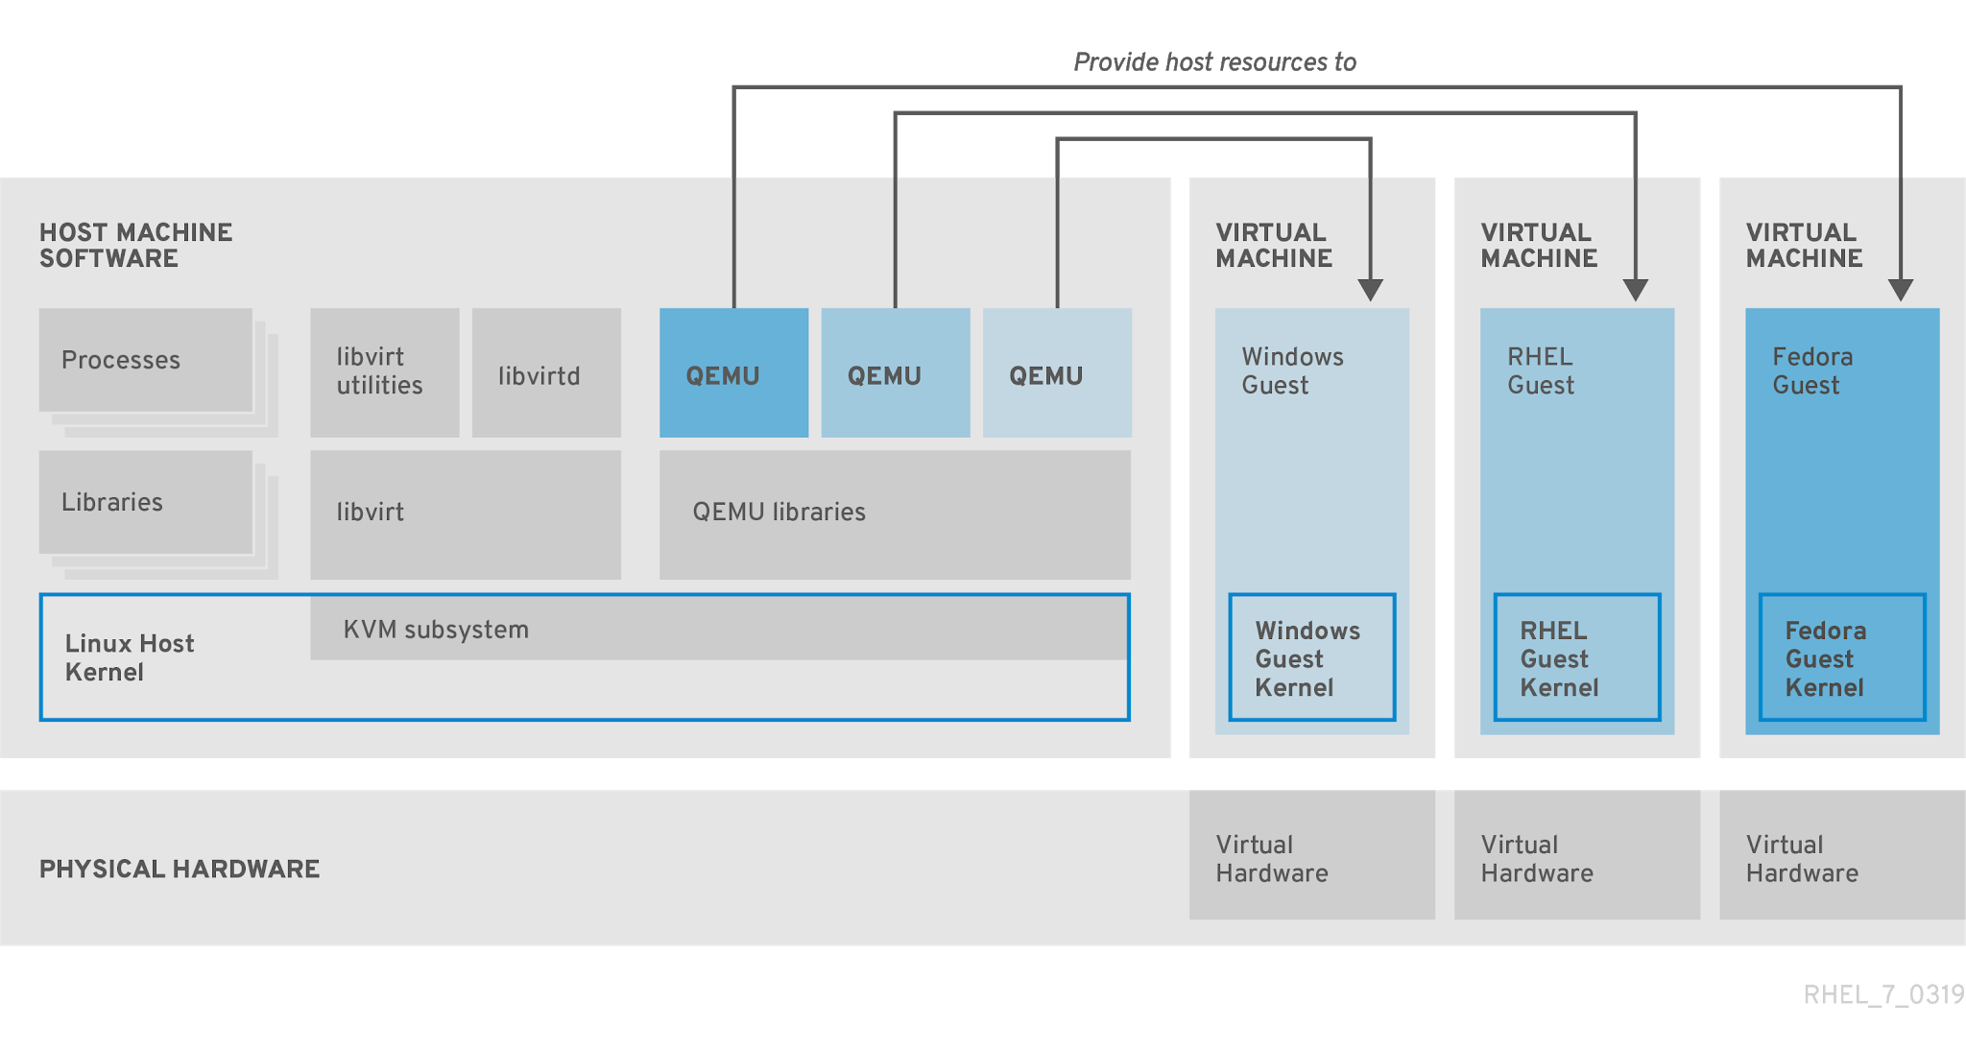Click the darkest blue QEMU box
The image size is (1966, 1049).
coord(733,373)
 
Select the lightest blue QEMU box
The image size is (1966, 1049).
coord(1057,373)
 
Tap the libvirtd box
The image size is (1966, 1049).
coord(546,373)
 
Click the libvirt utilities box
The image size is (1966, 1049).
coord(384,372)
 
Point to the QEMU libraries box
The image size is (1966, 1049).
coord(895,514)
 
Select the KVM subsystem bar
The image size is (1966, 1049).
coord(718,629)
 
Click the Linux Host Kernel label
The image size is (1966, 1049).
coord(130,657)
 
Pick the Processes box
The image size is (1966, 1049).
coord(146,360)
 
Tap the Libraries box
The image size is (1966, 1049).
coord(146,502)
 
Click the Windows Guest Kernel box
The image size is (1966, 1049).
coord(1311,657)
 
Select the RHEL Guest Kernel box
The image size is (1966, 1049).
coord(1576,657)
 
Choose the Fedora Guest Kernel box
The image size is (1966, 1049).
coord(1841,657)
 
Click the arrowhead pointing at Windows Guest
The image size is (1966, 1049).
coord(1370,289)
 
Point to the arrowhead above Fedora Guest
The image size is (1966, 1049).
coord(1900,289)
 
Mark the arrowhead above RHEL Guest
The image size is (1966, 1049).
coord(1635,289)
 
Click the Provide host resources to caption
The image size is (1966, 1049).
coord(1214,62)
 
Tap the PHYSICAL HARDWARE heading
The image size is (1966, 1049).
coord(180,869)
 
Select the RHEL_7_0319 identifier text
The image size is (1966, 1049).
coord(1882,994)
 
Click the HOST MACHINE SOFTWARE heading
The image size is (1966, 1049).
coord(135,245)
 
